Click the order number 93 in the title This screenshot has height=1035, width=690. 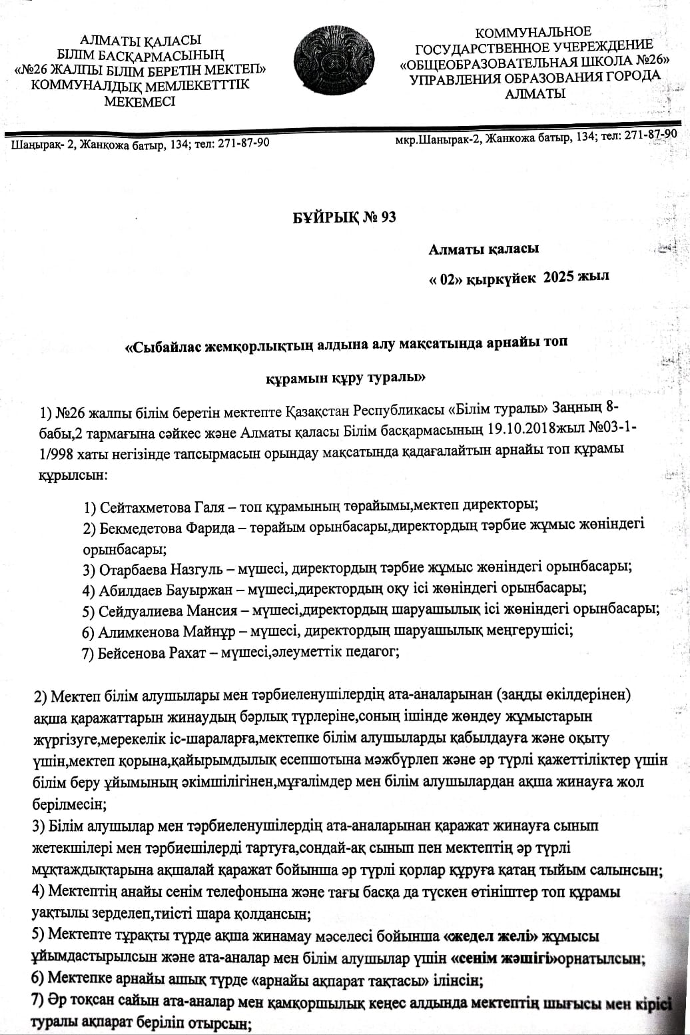pyautogui.click(x=384, y=217)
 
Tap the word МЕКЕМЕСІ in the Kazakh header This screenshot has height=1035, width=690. pyautogui.click(x=140, y=102)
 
